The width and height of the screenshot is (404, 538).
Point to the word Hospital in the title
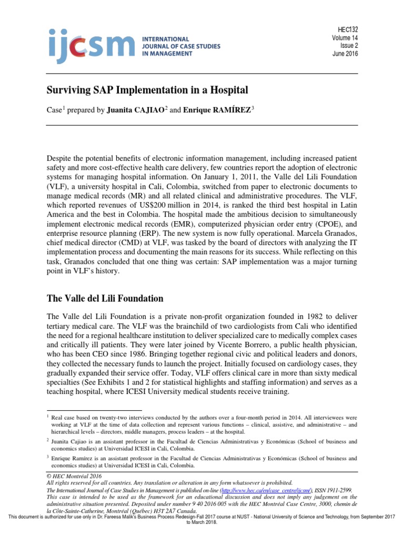229,90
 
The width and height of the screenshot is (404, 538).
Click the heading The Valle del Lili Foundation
105,298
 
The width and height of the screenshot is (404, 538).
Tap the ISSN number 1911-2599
337,489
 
